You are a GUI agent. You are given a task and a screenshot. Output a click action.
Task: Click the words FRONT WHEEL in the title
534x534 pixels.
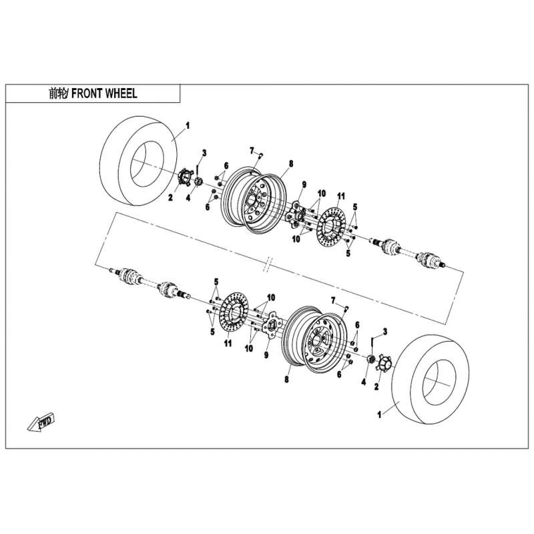click(x=104, y=93)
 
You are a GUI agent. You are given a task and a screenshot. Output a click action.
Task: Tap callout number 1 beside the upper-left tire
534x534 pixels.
click(x=188, y=125)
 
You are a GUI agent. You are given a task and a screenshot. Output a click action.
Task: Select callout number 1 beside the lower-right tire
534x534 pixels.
click(x=379, y=415)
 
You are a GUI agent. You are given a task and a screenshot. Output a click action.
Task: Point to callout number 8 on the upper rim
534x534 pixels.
click(x=291, y=164)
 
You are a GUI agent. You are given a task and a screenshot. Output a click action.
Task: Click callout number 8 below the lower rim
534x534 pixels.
click(x=287, y=378)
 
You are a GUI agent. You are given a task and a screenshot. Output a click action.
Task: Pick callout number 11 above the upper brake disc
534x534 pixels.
click(x=341, y=196)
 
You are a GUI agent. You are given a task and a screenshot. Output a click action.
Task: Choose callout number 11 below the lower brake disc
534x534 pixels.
click(x=228, y=343)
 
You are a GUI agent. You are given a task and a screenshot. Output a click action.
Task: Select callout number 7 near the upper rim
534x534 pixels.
click(x=252, y=150)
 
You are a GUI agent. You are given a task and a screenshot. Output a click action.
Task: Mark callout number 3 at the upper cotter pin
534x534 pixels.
click(x=204, y=153)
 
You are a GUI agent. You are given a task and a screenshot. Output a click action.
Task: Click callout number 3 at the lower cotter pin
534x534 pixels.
click(x=385, y=331)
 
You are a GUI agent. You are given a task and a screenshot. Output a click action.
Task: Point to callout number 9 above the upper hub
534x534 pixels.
click(x=304, y=185)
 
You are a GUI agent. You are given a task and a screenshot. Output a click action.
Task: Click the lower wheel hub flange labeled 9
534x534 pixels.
click(x=272, y=325)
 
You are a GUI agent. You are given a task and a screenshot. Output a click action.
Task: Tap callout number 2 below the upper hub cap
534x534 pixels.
click(x=171, y=197)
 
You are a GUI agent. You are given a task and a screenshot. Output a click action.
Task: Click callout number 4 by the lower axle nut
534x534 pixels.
click(x=364, y=382)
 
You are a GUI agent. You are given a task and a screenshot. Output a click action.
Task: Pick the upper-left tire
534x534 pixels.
click(x=139, y=160)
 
